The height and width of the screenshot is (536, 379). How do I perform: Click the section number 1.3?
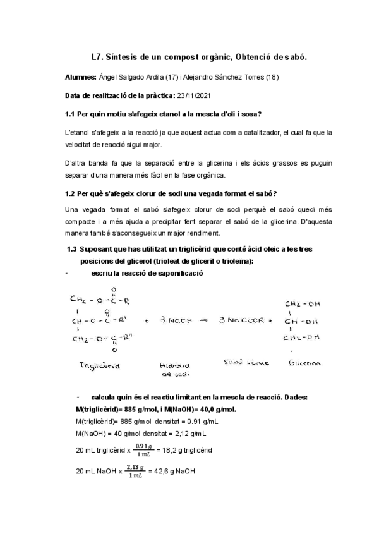pos(72,250)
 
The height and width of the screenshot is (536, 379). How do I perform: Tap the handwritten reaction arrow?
pos(204,321)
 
